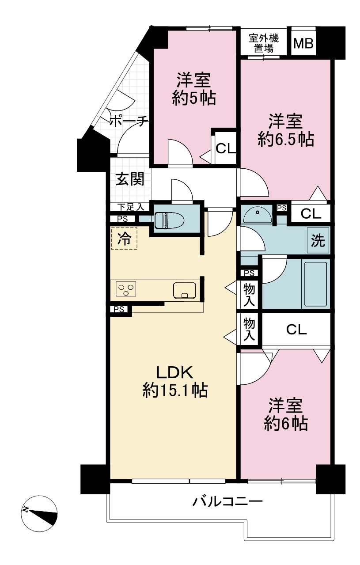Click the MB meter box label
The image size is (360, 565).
click(x=303, y=43)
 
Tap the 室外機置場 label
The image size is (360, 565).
click(x=264, y=43)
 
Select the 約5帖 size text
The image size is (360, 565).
click(x=194, y=98)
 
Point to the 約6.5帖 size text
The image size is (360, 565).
click(x=286, y=139)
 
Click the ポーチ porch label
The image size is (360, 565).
click(x=129, y=121)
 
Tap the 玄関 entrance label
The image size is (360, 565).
click(x=130, y=179)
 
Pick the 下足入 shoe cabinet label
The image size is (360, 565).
click(x=131, y=207)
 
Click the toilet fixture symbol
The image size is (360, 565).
click(x=169, y=220)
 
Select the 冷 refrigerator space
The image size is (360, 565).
click(x=125, y=239)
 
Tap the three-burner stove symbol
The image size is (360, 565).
click(x=126, y=289)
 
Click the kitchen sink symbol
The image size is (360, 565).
click(x=184, y=290)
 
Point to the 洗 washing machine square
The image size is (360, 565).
click(x=318, y=240)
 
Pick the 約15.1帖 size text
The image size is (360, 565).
click(x=175, y=391)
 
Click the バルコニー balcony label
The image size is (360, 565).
click(x=227, y=501)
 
